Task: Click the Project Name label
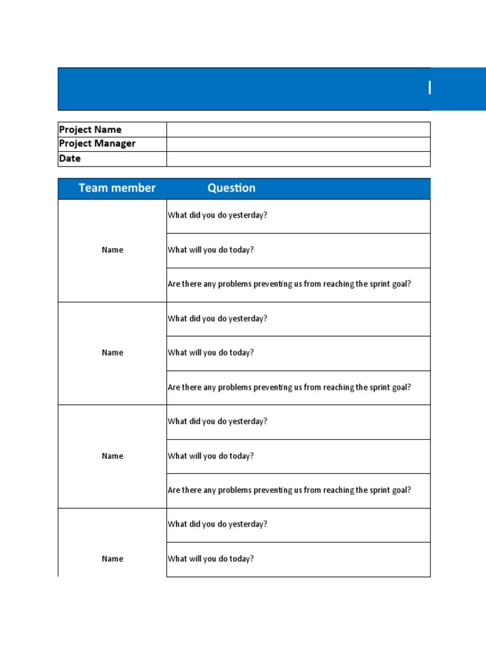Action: click(90, 130)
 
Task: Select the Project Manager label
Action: click(97, 144)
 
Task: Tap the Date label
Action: click(70, 159)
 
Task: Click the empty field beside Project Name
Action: click(298, 130)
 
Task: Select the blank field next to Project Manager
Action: click(298, 144)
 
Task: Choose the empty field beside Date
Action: click(298, 159)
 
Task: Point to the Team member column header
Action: click(117, 188)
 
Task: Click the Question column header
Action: click(232, 188)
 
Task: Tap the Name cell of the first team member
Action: click(113, 250)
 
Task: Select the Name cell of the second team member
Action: click(113, 353)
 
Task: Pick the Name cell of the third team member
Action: click(113, 456)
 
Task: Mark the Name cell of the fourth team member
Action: click(113, 559)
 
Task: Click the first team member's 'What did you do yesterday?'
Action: click(218, 215)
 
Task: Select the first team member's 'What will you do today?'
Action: click(211, 250)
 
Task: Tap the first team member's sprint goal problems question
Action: click(289, 284)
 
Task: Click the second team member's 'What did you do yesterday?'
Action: click(218, 319)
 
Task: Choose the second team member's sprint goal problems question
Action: click(289, 387)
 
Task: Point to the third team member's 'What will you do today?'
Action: click(211, 456)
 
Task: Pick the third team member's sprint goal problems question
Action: click(289, 490)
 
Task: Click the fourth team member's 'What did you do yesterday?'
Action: click(218, 525)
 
